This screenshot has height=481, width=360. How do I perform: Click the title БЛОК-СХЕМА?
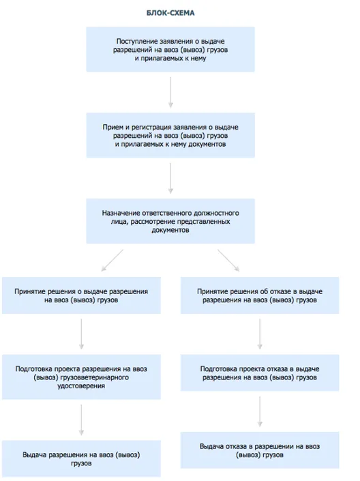(x=170, y=13)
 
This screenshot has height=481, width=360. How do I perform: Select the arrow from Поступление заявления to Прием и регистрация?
(x=170, y=92)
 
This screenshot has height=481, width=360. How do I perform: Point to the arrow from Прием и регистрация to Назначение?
(x=170, y=178)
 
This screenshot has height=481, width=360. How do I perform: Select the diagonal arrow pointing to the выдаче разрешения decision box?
(x=112, y=261)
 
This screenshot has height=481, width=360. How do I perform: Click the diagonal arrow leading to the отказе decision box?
(x=228, y=261)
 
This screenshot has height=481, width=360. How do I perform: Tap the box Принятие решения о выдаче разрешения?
(x=81, y=295)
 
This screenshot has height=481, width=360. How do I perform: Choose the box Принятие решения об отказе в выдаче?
(x=260, y=295)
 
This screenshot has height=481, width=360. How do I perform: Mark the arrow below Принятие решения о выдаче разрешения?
(x=81, y=334)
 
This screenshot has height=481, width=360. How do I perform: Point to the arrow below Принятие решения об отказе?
(x=260, y=334)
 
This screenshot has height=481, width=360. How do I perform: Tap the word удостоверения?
(x=81, y=386)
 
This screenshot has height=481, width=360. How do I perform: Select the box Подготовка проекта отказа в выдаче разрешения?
(x=260, y=373)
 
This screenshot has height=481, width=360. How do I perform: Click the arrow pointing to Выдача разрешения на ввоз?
(x=81, y=420)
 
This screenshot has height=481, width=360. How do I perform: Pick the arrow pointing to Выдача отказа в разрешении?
(x=260, y=411)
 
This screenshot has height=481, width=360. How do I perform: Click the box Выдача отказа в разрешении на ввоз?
(x=260, y=450)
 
